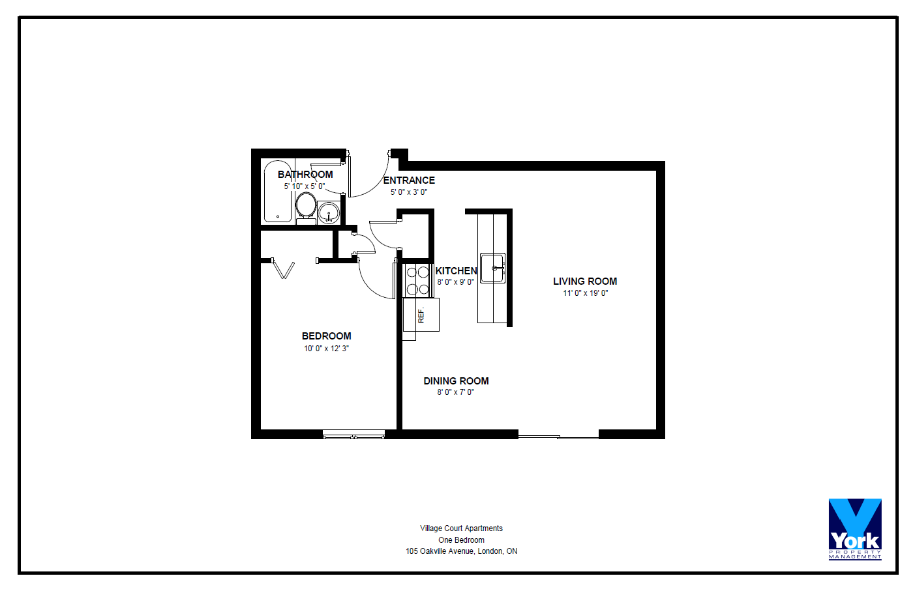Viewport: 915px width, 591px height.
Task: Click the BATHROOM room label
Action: coord(305,174)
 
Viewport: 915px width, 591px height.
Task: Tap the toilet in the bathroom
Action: coord(306,208)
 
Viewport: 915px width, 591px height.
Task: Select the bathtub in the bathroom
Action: coord(278,192)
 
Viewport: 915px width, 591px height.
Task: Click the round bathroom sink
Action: coord(329,212)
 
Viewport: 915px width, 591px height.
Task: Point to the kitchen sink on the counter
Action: coord(492,268)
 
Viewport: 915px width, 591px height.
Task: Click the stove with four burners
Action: coord(417,280)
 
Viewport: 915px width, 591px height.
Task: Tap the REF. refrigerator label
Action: coord(421,315)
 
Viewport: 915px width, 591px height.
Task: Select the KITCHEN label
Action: coord(456,270)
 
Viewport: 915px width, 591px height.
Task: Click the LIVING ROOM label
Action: coord(585,281)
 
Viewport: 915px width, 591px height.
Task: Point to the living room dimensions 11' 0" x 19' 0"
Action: coord(586,293)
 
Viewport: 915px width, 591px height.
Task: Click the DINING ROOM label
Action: coord(456,381)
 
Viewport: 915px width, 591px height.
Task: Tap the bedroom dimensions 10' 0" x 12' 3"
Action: coord(326,348)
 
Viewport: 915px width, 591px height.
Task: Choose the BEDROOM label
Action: coord(326,336)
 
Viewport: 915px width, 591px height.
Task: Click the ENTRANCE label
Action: coord(409,180)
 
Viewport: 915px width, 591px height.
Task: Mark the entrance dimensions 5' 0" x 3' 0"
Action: coord(408,192)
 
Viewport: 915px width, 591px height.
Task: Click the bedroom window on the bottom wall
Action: coord(353,434)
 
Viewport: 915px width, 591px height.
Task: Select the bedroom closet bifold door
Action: coord(283,268)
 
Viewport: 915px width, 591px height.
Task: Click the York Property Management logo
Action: coord(855,529)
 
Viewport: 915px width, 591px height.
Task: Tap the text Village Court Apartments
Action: coord(461,528)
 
